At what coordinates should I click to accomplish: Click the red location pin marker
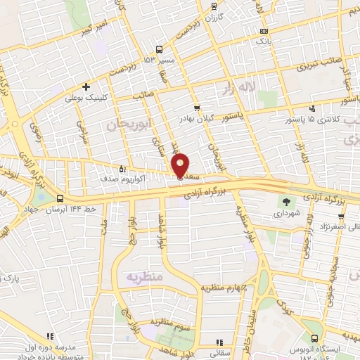point(180,165)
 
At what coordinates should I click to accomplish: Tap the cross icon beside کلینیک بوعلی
point(86,87)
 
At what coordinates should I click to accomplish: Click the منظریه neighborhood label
point(145,276)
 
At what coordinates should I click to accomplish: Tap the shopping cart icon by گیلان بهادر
point(198,108)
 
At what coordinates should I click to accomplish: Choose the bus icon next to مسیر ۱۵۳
point(160,49)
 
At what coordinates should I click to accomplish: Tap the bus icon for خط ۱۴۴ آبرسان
point(60,198)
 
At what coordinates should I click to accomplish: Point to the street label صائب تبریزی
point(315,67)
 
